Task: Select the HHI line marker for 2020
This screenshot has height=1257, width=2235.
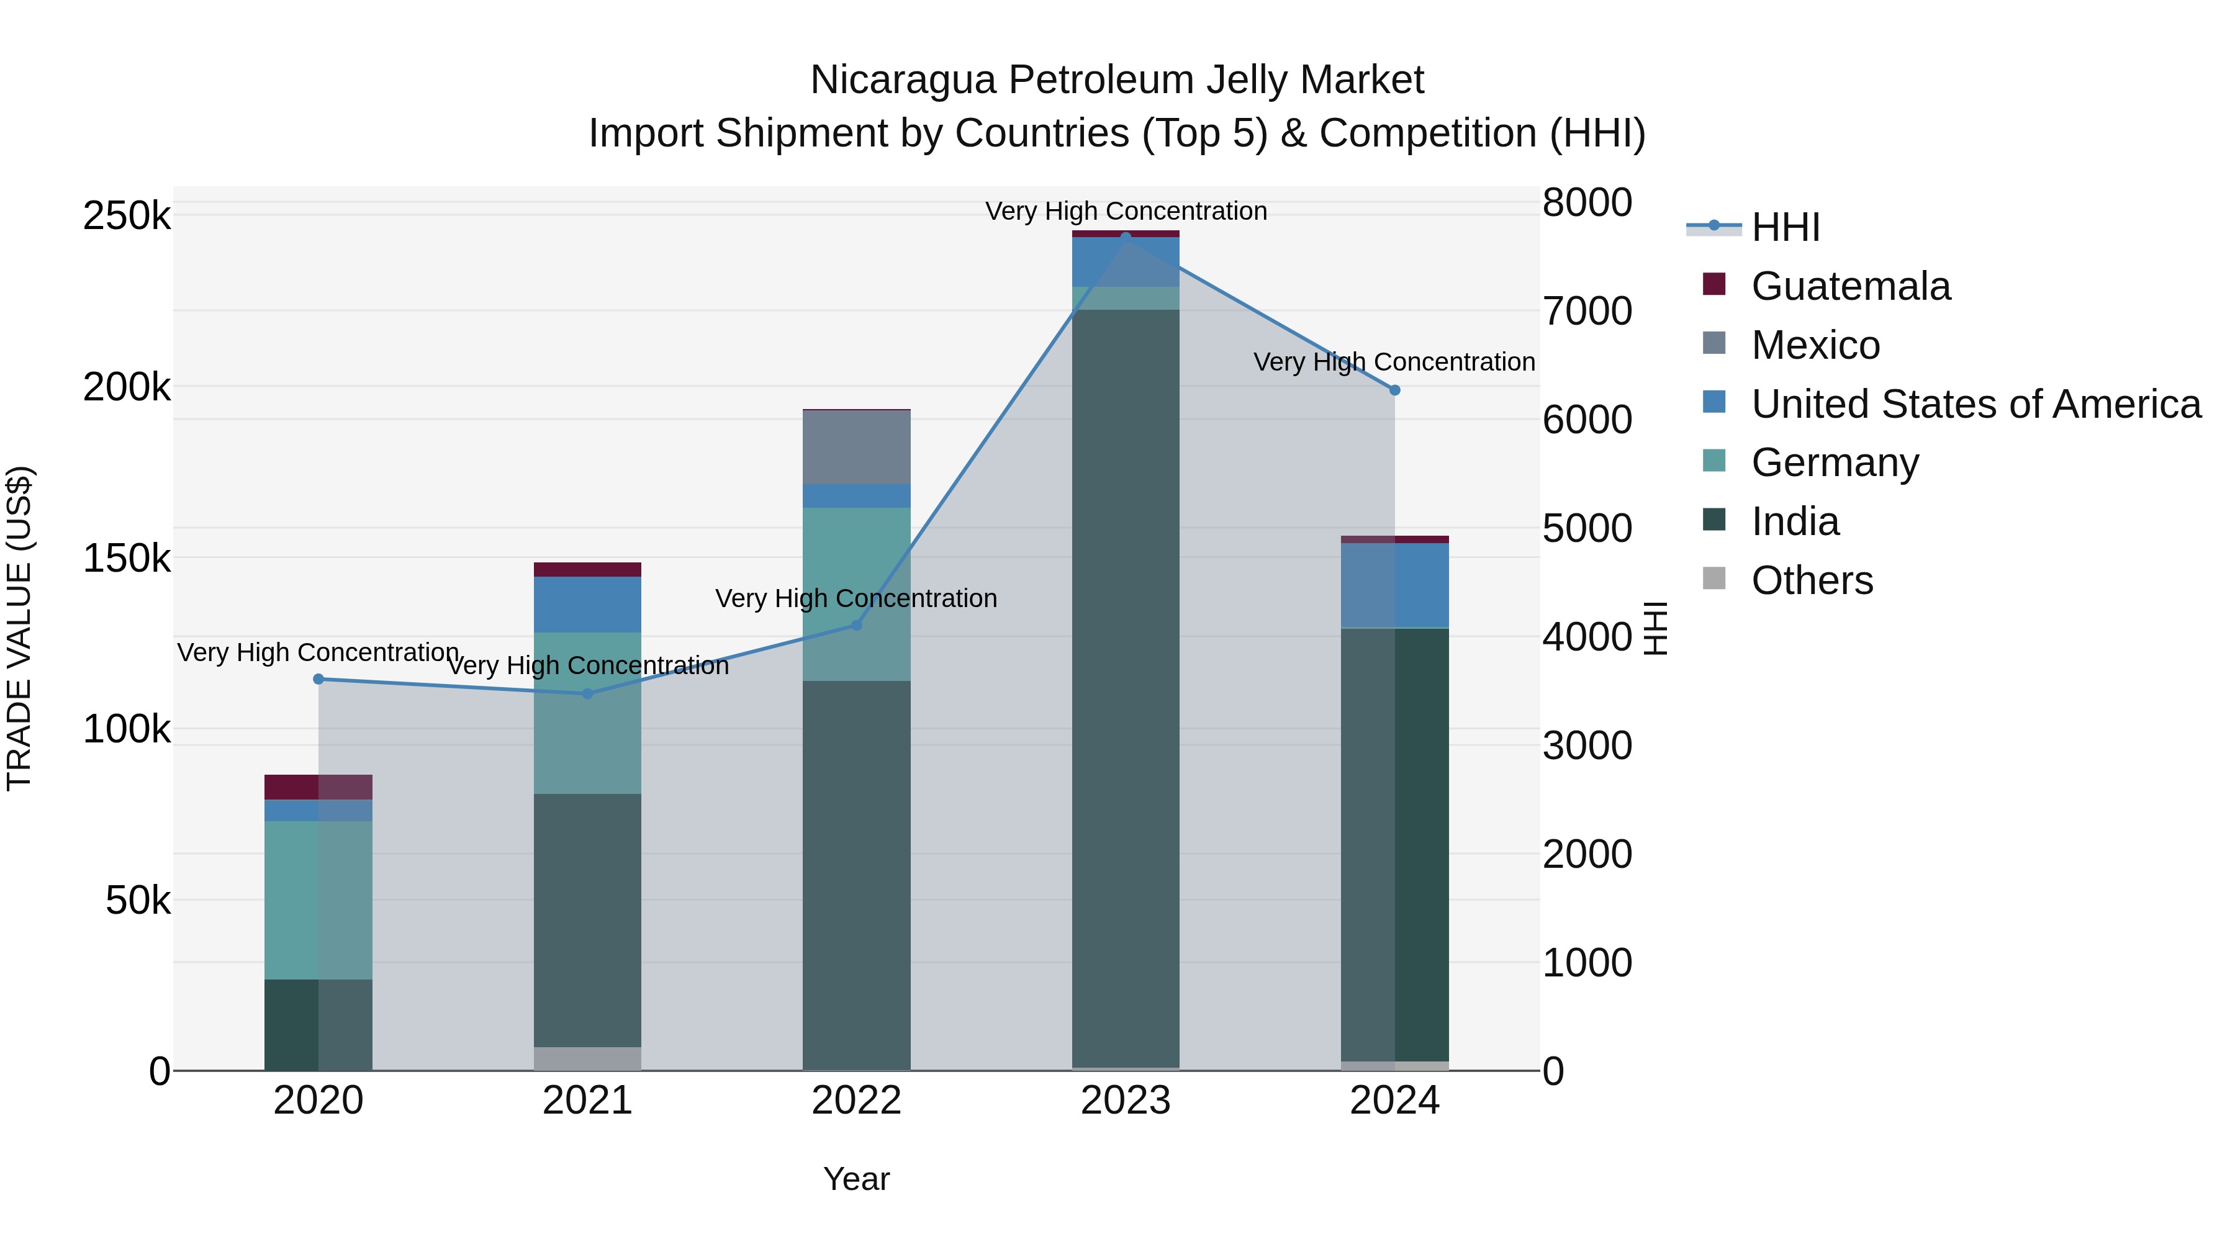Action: pos(318,679)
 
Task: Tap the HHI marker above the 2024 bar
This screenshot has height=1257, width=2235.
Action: pos(1394,390)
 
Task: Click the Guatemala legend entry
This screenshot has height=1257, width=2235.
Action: pos(1850,286)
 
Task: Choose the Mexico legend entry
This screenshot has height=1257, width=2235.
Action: pos(1815,345)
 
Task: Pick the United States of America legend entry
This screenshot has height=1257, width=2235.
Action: pos(1975,404)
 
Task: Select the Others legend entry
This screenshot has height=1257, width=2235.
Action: pos(1812,580)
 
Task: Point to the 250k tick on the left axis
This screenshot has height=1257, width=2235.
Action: pos(127,215)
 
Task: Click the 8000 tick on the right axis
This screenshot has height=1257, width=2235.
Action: pos(1587,202)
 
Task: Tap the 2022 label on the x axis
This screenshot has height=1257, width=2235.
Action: pos(856,1101)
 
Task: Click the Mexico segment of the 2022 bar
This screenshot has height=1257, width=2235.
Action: pos(856,447)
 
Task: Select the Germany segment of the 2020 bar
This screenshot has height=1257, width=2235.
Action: pos(318,899)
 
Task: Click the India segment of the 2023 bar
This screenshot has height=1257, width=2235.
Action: pos(1126,685)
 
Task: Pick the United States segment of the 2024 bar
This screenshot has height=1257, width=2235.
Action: pos(1394,585)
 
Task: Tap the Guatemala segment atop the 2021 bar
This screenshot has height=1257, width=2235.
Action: pos(587,569)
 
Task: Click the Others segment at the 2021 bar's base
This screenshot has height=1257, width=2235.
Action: pos(587,1058)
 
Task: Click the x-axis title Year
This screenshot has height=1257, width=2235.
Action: pos(856,1179)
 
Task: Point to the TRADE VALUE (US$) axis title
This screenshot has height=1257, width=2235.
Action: pos(19,628)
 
